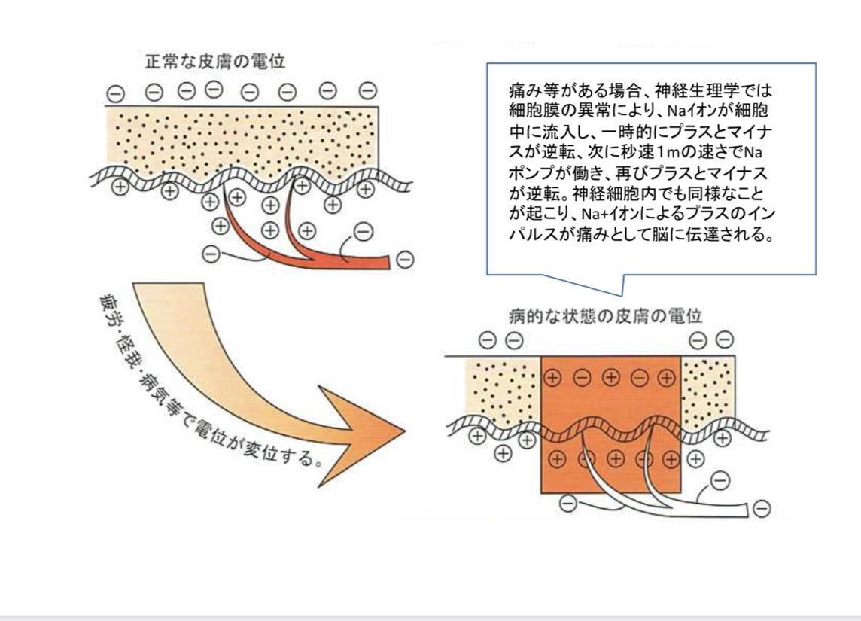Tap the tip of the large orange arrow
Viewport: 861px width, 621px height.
(x=403, y=432)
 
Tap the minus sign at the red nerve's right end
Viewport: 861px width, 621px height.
(x=405, y=260)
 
